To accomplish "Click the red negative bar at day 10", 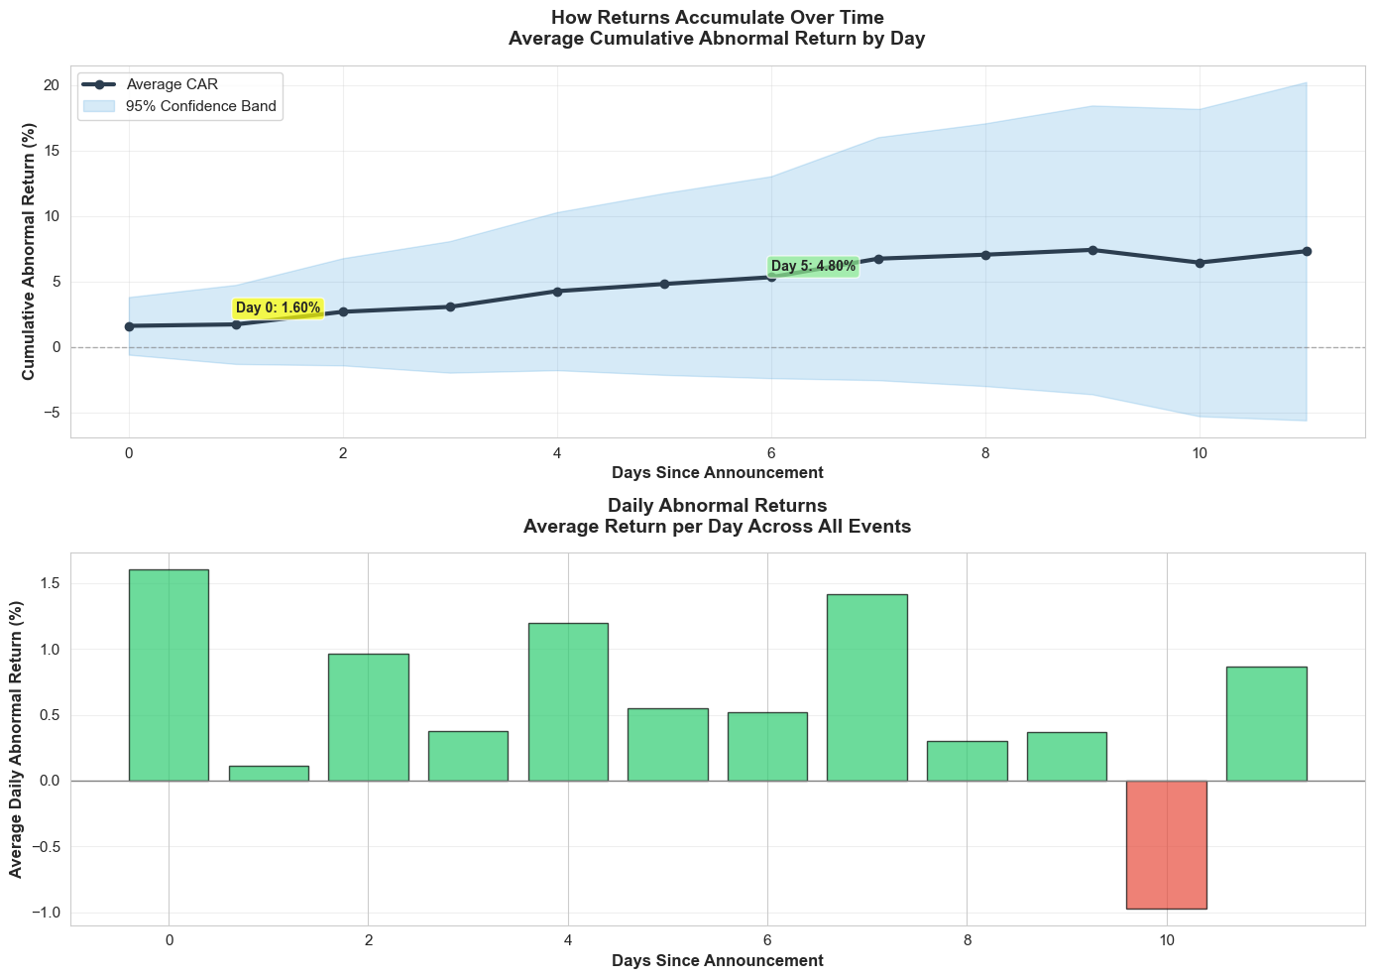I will pyautogui.click(x=1167, y=844).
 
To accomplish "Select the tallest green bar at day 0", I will pyautogui.click(x=169, y=674).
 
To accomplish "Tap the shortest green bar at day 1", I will pyautogui.click(x=269, y=774).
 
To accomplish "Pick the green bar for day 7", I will pyautogui.click(x=867, y=687).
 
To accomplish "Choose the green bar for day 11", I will pyautogui.click(x=1266, y=723).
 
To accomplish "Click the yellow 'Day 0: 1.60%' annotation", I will pyautogui.click(x=278, y=308).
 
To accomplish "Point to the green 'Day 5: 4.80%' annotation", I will pyautogui.click(x=813, y=266).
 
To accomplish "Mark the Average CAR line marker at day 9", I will pyautogui.click(x=1092, y=250).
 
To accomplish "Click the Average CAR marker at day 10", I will pyautogui.click(x=1200, y=263).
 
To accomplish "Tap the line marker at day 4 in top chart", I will pyautogui.click(x=557, y=291).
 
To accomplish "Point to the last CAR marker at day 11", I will pyautogui.click(x=1307, y=251).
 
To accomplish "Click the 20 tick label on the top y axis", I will pyautogui.click(x=52, y=85).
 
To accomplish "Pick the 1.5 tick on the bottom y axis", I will pyautogui.click(x=49, y=584).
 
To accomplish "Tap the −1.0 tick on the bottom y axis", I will pyautogui.click(x=45, y=913).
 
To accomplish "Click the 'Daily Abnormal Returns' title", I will pyautogui.click(x=717, y=506).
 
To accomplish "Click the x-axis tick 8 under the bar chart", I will pyautogui.click(x=967, y=940).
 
